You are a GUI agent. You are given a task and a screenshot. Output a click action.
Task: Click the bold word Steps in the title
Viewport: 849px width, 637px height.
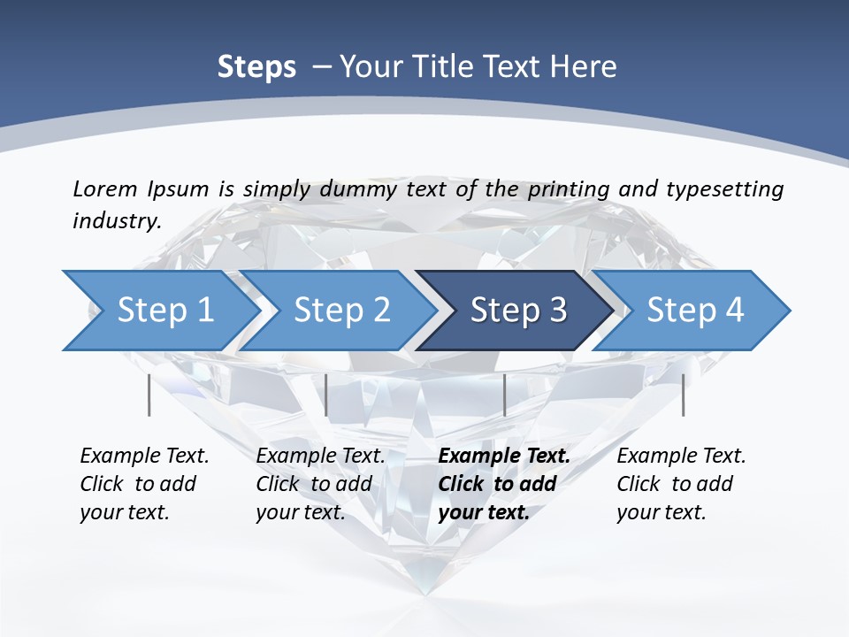pos(256,67)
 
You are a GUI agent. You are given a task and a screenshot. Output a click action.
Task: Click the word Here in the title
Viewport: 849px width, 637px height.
pos(583,67)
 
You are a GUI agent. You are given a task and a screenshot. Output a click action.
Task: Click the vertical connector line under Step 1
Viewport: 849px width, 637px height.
pos(149,395)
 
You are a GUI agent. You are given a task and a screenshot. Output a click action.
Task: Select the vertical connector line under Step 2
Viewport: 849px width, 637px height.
pos(326,395)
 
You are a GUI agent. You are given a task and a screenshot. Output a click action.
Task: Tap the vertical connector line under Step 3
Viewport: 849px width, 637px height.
pos(504,395)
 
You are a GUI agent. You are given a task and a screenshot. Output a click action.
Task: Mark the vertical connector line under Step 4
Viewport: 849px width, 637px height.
pos(683,395)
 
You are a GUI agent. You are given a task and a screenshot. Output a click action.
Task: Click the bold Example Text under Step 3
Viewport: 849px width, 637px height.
pos(504,456)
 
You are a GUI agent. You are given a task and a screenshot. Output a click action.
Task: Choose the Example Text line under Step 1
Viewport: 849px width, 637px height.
pos(144,456)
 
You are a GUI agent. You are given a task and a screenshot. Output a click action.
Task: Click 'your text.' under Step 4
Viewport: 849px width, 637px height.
pos(661,512)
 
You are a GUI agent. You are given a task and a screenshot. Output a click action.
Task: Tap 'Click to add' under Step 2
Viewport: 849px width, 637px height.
pos(314,484)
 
